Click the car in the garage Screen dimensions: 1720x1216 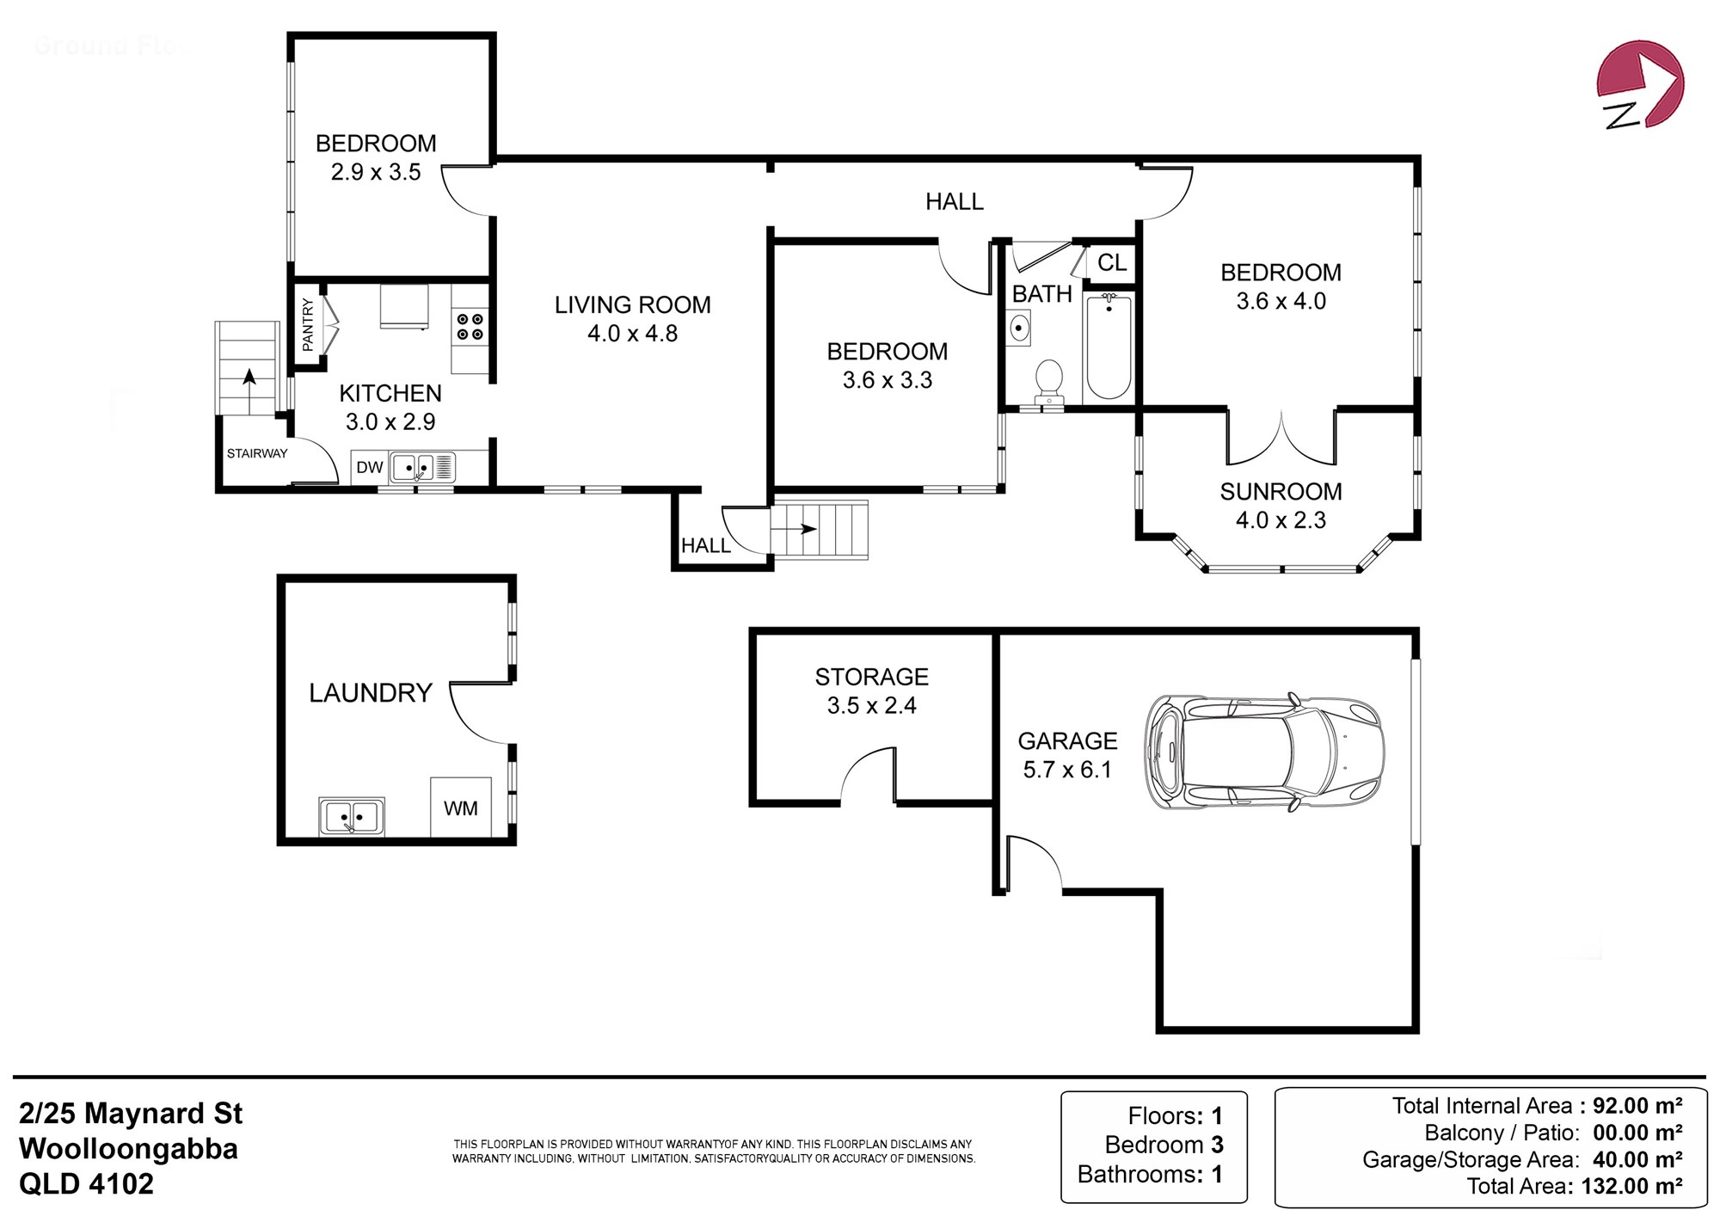(1263, 752)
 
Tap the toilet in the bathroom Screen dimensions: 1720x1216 (1049, 381)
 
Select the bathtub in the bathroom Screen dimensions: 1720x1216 (1109, 346)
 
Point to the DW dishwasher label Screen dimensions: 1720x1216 (370, 467)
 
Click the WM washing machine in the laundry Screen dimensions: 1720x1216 (461, 807)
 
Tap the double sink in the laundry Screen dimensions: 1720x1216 (352, 816)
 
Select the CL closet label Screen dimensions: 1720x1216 (1112, 262)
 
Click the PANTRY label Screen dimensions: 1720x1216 (308, 324)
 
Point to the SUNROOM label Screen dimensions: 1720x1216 (1281, 491)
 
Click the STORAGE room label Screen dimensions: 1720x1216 (872, 677)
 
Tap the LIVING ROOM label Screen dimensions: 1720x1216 (633, 304)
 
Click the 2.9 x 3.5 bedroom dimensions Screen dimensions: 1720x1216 (376, 172)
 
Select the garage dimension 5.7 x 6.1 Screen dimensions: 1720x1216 (1067, 770)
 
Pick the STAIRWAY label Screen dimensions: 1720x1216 (257, 453)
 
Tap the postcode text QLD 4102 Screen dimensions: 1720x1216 (87, 1184)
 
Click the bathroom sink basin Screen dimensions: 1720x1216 (1019, 328)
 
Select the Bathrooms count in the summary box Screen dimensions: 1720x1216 (1150, 1174)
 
